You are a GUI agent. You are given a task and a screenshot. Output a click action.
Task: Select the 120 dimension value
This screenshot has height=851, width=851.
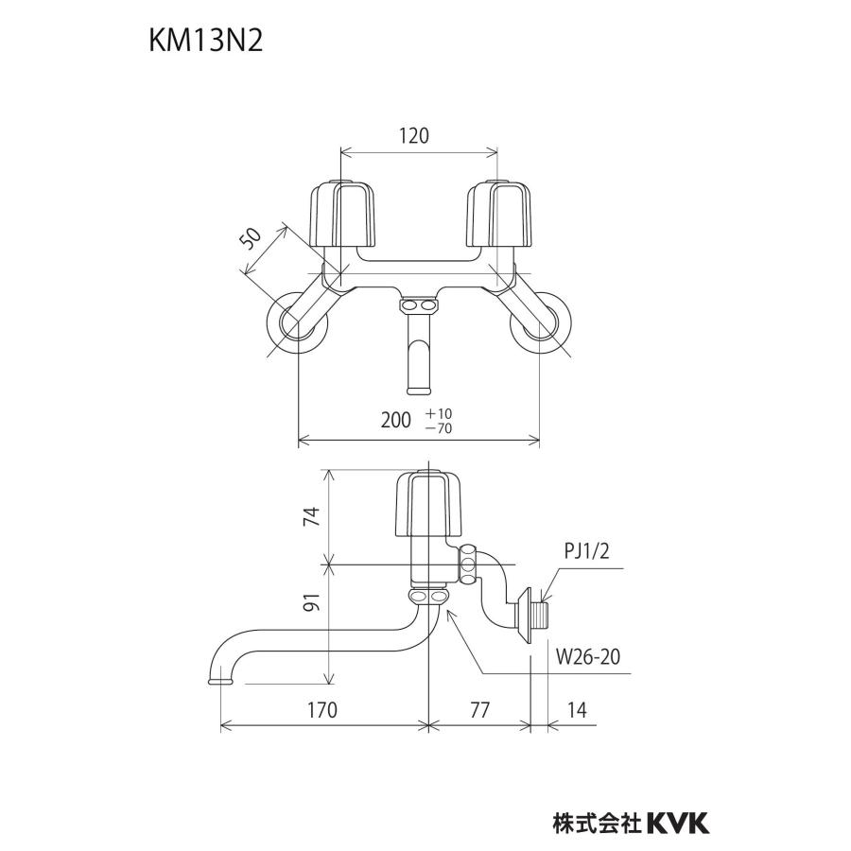(413, 135)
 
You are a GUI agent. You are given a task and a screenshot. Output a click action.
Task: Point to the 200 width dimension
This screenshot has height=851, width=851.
(397, 420)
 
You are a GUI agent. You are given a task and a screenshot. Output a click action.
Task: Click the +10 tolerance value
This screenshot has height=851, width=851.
(440, 413)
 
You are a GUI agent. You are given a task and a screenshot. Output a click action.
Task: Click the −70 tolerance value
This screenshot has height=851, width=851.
(440, 428)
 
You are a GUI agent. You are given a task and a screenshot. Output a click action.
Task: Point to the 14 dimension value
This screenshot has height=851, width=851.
(577, 710)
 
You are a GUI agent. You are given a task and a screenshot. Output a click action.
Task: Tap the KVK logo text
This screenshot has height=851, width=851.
(677, 822)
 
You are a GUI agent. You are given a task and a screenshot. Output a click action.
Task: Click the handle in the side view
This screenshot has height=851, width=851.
(425, 504)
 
